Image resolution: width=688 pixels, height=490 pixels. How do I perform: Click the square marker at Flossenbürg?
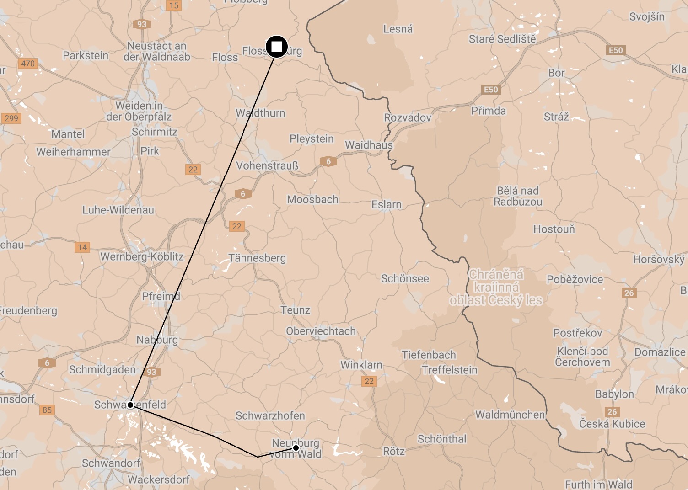(276, 47)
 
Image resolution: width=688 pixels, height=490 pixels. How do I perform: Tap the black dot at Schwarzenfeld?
(130, 405)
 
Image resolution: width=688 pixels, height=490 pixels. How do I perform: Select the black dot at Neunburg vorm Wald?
(296, 447)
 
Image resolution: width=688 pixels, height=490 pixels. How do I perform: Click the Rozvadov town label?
(407, 118)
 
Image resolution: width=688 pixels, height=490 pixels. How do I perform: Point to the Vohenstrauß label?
(267, 165)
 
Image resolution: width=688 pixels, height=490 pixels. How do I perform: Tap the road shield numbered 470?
(27, 64)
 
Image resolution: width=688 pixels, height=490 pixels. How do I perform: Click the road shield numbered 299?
(11, 118)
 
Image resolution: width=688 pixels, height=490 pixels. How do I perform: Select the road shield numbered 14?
(82, 247)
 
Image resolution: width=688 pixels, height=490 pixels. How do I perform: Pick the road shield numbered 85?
(47, 410)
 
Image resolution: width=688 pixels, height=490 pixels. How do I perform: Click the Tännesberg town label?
(257, 258)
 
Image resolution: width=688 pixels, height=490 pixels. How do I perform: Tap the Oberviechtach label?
(321, 331)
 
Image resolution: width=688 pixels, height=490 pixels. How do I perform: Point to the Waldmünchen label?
(510, 415)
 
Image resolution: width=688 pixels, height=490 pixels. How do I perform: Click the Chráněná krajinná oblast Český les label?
(496, 287)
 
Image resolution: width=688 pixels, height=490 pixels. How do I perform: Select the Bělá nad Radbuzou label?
(518, 196)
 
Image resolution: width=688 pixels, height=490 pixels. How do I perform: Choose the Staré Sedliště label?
(502, 39)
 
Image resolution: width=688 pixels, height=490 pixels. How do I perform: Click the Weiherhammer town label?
(73, 152)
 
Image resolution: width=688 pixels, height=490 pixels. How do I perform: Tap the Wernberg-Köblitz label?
(142, 257)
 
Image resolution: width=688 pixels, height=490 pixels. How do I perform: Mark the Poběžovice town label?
(575, 280)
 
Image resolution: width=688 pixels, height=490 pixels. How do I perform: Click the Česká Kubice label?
(612, 424)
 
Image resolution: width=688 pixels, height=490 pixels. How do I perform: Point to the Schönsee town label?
(405, 279)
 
